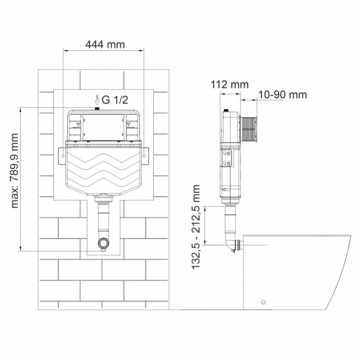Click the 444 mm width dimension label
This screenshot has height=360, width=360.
tap(105, 45)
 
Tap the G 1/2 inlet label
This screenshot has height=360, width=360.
tap(115, 100)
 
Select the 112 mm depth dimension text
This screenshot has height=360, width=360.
tap(229, 84)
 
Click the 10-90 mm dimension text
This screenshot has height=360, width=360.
tap(282, 94)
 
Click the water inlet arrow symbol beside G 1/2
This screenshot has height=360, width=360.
tap(97, 100)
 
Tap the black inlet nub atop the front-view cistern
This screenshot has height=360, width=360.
tap(97, 109)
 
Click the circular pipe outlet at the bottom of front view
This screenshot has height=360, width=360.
tap(103, 243)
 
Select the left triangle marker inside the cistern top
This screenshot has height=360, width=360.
tap(77, 124)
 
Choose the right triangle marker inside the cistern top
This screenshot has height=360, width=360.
tap(130, 124)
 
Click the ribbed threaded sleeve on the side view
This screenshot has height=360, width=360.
tap(249, 129)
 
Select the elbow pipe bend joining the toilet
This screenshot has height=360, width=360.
tap(228, 244)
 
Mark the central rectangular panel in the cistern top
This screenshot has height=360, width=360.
tap(103, 126)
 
